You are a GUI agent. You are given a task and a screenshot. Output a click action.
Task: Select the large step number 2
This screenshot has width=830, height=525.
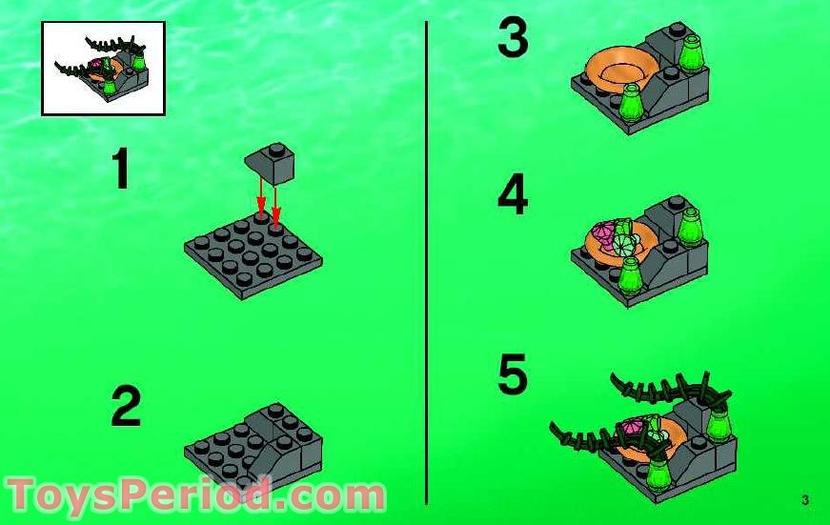point(126,407)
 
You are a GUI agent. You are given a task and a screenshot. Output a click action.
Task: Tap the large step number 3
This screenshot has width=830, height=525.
point(512,40)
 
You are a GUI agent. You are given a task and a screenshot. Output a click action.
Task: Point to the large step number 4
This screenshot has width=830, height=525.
point(512,196)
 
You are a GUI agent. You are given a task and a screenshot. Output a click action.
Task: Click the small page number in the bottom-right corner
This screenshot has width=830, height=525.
point(805,500)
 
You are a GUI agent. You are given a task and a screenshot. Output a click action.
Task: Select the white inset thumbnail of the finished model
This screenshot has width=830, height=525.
point(103,69)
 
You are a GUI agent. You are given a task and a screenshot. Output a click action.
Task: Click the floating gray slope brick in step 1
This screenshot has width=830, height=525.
point(270,163)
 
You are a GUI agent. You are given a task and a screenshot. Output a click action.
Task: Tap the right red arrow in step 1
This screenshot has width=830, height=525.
point(276,199)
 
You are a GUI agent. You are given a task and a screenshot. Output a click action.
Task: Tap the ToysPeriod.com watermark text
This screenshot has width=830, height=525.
point(195,495)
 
